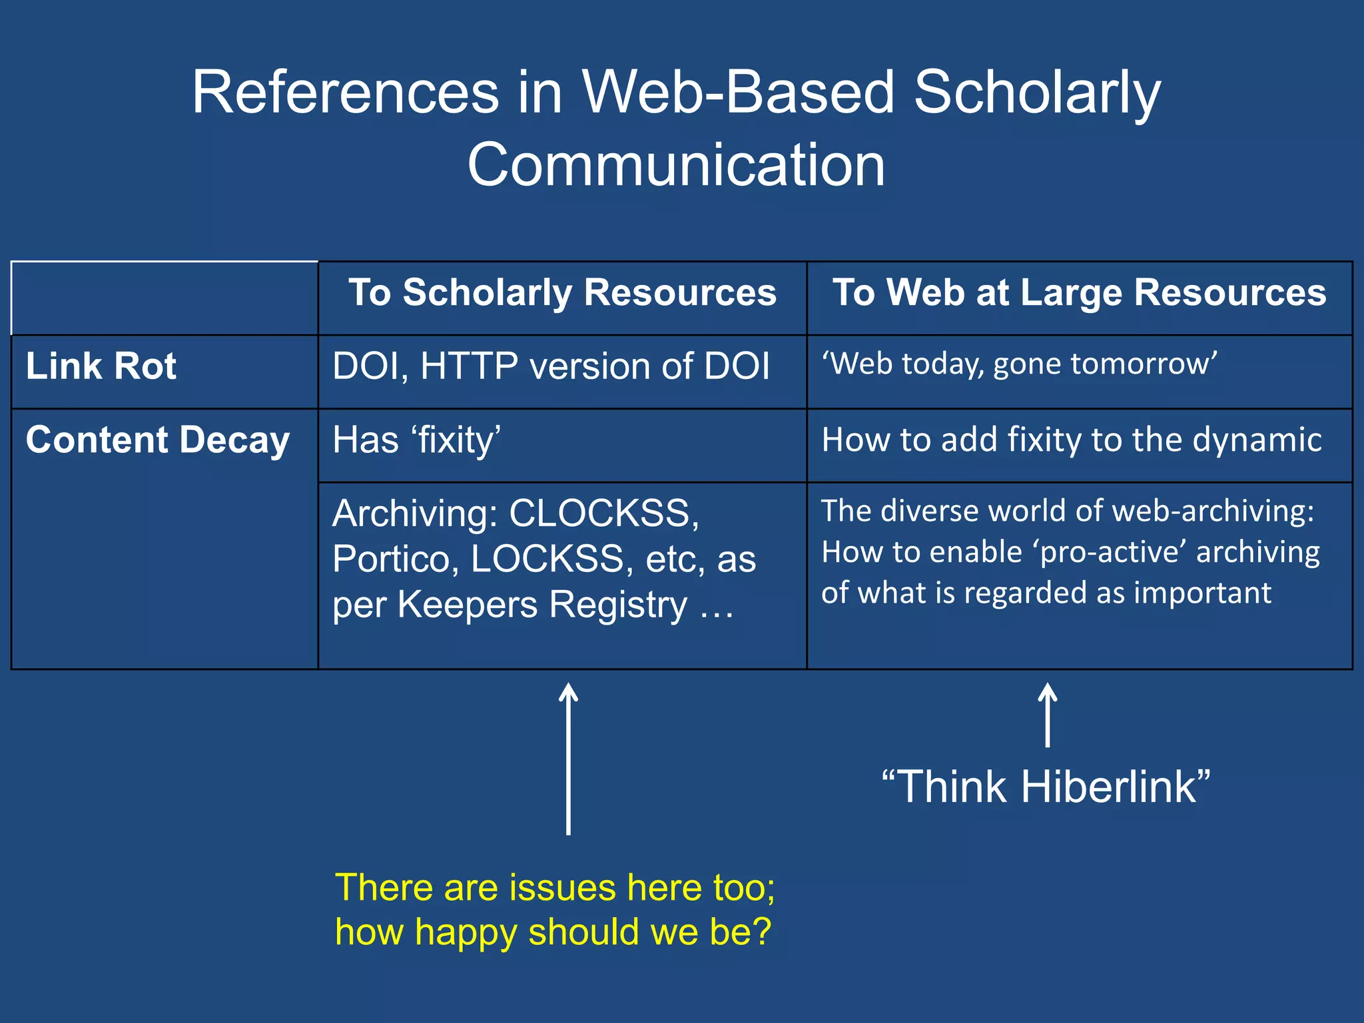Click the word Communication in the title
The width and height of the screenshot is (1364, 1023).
tap(676, 165)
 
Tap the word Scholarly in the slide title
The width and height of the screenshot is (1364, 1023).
tap(1036, 93)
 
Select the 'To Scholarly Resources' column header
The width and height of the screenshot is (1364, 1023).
tap(562, 293)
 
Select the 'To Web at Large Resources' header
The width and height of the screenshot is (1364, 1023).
tap(1079, 293)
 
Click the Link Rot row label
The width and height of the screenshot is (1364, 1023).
tap(101, 366)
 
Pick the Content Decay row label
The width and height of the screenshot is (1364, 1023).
tap(158, 440)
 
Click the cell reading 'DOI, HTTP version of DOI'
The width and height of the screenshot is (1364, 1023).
tap(551, 366)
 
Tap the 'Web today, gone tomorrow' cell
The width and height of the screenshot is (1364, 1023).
tap(1019, 364)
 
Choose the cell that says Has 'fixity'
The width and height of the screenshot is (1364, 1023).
tap(417, 440)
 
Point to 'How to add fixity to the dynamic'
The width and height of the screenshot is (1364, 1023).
tap(1071, 440)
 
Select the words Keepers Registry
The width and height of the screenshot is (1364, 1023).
tap(542, 605)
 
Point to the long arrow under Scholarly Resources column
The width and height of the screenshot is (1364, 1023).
tap(568, 759)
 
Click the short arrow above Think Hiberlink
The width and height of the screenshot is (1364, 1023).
tap(1048, 715)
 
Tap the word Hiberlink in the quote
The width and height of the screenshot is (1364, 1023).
tap(1108, 787)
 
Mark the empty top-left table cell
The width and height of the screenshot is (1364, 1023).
tap(165, 298)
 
